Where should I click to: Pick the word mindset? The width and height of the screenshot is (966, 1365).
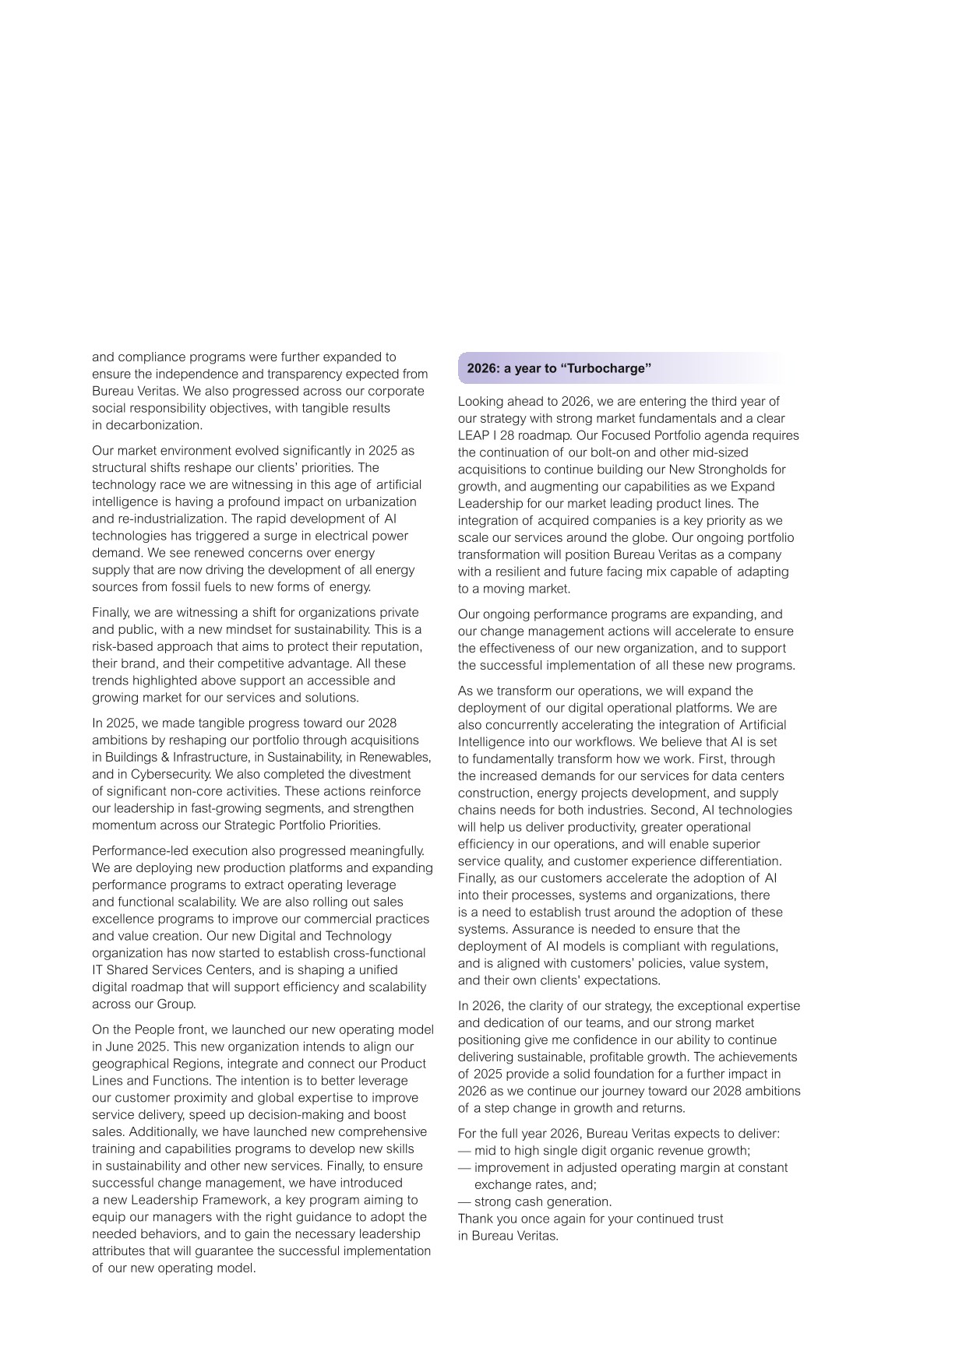coord(288,629)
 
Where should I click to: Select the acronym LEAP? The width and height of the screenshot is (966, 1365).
coord(473,435)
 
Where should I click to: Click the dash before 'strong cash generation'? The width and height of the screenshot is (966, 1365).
coord(464,1201)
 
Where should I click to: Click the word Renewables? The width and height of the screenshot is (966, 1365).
coord(400,757)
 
